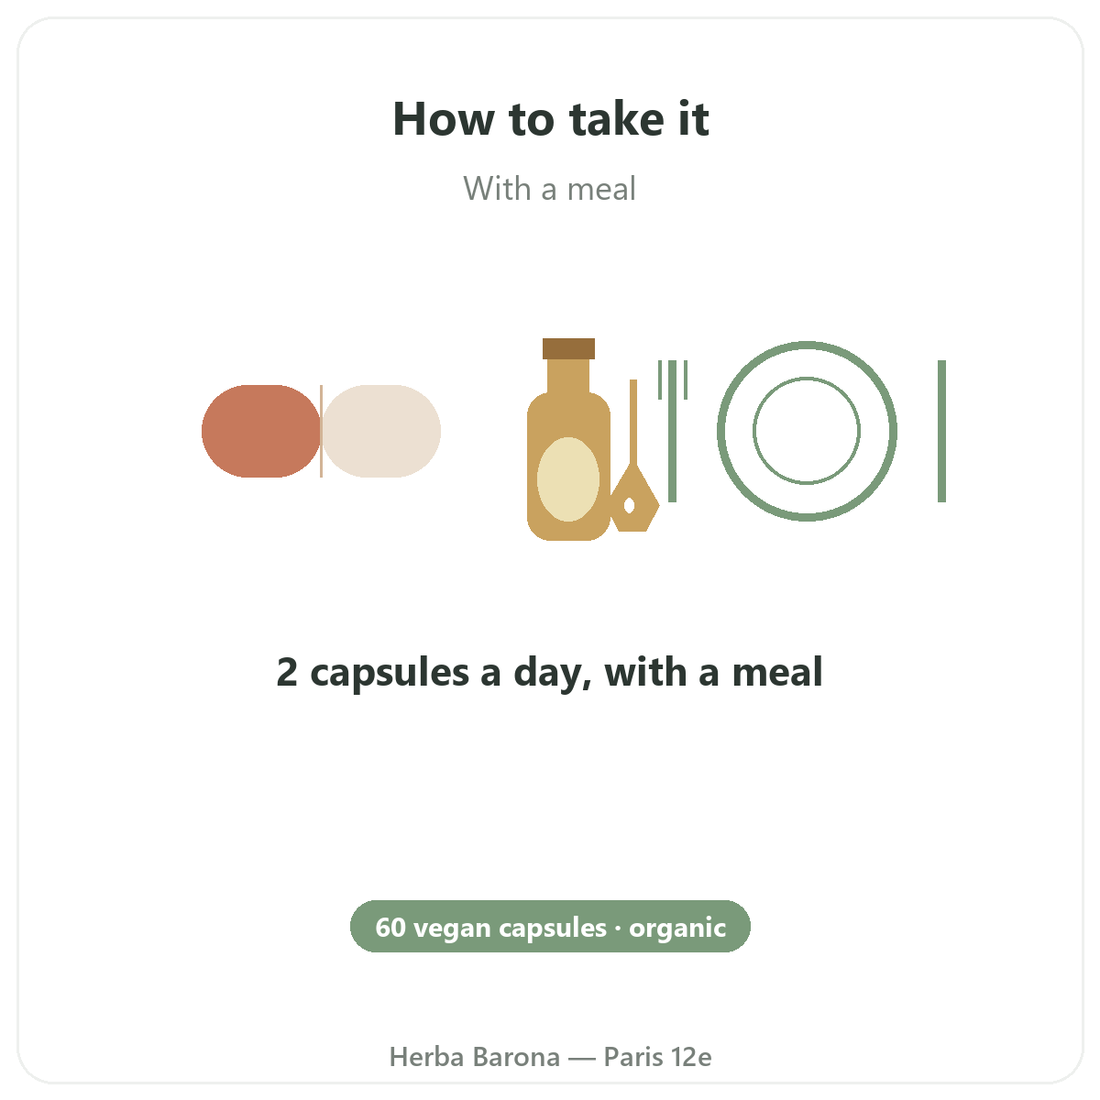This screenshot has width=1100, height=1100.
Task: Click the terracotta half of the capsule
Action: (x=261, y=431)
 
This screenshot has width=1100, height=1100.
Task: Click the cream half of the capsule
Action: (x=381, y=431)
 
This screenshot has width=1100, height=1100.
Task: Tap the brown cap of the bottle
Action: (x=568, y=348)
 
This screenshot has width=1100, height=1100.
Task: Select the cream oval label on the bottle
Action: (x=568, y=478)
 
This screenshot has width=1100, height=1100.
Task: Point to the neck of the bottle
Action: (x=568, y=376)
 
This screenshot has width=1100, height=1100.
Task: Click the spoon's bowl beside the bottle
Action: (x=634, y=500)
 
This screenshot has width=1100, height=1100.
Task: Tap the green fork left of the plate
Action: (x=673, y=431)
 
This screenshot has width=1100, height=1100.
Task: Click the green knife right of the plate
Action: (x=942, y=431)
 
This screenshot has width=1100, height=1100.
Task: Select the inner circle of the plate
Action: (x=807, y=378)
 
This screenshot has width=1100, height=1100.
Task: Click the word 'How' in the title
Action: (x=444, y=119)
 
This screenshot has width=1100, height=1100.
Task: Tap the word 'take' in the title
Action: (x=617, y=119)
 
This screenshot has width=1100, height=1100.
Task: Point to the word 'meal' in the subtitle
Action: (x=601, y=189)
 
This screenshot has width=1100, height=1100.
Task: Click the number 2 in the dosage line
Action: (x=287, y=673)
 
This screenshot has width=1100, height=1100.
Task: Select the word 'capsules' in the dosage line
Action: (x=390, y=674)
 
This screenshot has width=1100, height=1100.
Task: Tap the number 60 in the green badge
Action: (x=390, y=929)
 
